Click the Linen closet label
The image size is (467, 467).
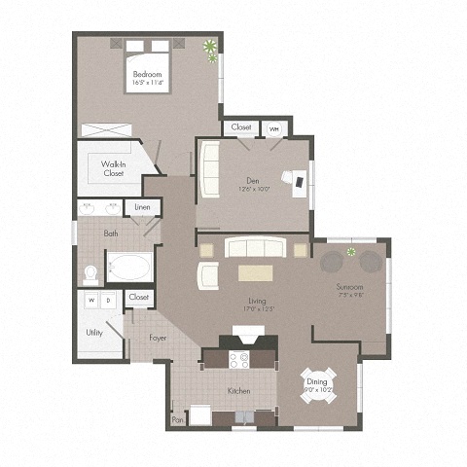[x=142, y=208]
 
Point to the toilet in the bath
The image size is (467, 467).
[x=92, y=272]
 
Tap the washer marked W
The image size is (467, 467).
[x=92, y=302]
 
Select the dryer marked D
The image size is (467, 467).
[x=108, y=302]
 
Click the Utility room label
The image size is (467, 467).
[x=94, y=332]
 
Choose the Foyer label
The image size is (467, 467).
[x=159, y=339]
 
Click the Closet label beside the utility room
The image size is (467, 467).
[x=139, y=297]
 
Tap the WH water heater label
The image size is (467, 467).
[x=273, y=127]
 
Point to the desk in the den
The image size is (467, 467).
[x=296, y=179]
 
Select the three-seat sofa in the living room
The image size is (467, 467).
[x=253, y=248]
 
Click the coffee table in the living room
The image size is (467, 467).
[x=257, y=272]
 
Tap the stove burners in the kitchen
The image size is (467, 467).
[x=238, y=358]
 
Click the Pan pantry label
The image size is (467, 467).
[x=177, y=420]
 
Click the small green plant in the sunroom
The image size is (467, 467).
[x=352, y=253]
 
